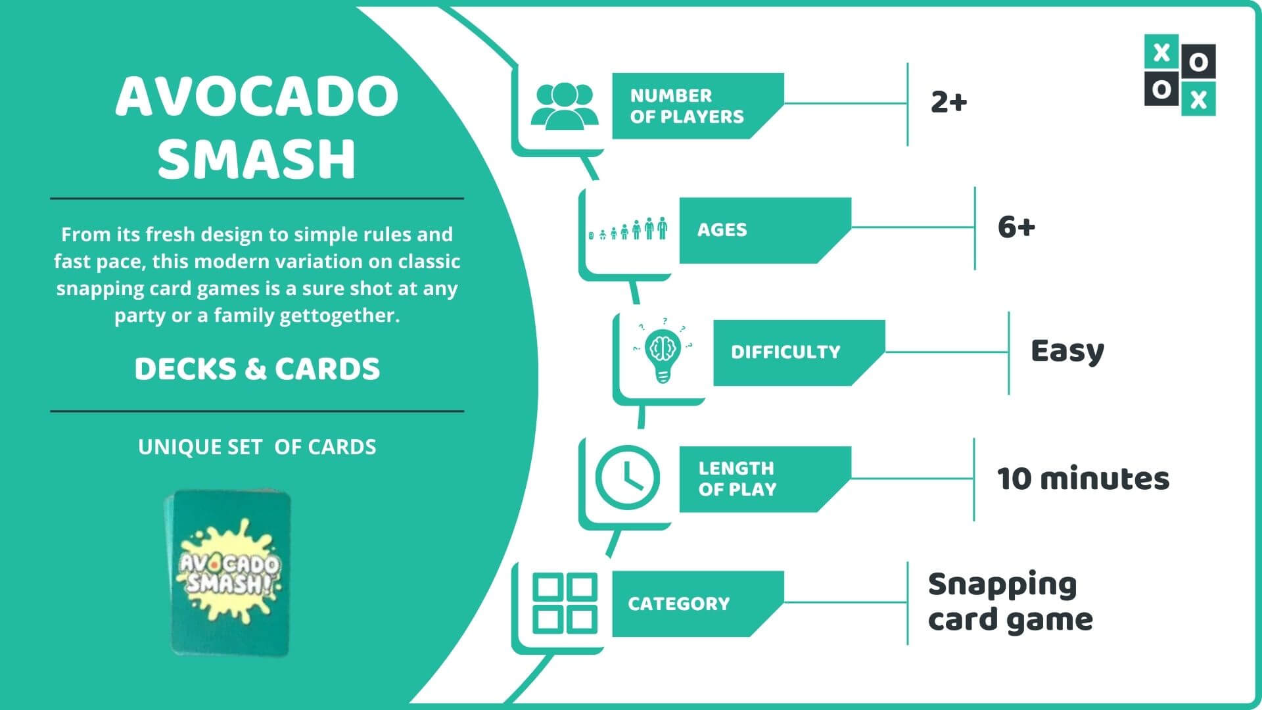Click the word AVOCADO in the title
(x=257, y=96)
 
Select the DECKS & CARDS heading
(x=257, y=369)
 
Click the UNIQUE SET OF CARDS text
(x=257, y=447)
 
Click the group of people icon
(x=564, y=105)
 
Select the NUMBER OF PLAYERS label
(x=687, y=106)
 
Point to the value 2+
(x=948, y=102)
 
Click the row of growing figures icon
(x=628, y=229)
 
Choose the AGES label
(x=722, y=230)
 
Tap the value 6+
(x=1016, y=227)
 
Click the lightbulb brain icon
(x=663, y=352)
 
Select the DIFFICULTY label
(x=785, y=352)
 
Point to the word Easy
(x=1067, y=351)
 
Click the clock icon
(x=628, y=478)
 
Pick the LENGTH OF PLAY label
(x=737, y=479)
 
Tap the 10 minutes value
(x=1083, y=479)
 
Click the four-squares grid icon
(x=565, y=603)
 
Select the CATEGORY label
(x=678, y=603)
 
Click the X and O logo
(x=1180, y=75)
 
